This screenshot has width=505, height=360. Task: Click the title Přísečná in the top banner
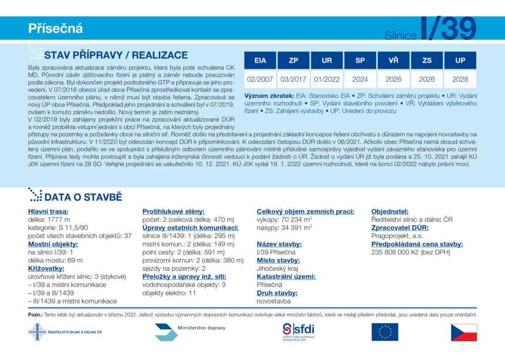click(x=56, y=29)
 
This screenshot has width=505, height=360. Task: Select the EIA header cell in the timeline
click(x=260, y=61)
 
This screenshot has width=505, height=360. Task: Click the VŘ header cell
click(x=393, y=61)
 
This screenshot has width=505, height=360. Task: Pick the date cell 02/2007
click(x=260, y=79)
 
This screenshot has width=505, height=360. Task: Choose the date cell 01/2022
click(x=327, y=79)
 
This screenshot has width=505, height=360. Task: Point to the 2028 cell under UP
click(x=460, y=79)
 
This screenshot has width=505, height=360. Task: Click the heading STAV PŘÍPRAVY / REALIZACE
click(x=116, y=56)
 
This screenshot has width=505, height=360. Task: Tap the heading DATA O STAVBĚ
click(x=83, y=197)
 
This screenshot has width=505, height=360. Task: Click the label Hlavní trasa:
click(x=48, y=212)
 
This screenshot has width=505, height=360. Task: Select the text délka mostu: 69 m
click(x=55, y=261)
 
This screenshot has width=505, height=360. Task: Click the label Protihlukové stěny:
click(x=173, y=212)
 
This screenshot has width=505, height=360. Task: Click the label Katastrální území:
click(x=286, y=277)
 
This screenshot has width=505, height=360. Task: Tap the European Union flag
click(x=385, y=332)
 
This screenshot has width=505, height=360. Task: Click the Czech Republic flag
click(x=464, y=332)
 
